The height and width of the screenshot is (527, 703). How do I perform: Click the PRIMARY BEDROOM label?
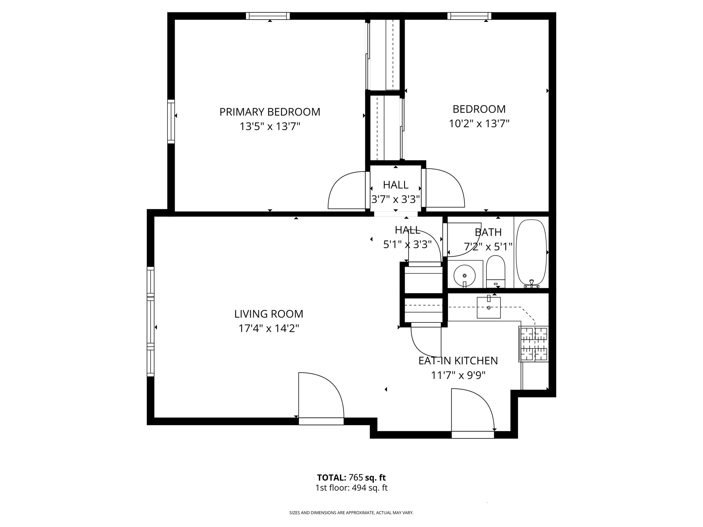click(x=270, y=112)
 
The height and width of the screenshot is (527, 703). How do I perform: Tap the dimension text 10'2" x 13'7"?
click(x=479, y=124)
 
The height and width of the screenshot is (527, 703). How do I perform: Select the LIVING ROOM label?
click(x=269, y=314)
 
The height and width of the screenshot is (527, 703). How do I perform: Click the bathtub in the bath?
click(x=531, y=253)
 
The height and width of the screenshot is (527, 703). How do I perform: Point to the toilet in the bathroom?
click(x=496, y=271)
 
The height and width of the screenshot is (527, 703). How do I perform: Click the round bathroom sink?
click(x=464, y=276)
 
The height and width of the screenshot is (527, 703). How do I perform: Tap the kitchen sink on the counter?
click(x=488, y=307)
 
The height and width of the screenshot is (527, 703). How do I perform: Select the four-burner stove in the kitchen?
click(x=533, y=344)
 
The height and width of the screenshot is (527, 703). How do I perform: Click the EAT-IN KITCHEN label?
click(x=458, y=361)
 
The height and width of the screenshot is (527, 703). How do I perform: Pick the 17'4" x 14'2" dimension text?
click(x=269, y=329)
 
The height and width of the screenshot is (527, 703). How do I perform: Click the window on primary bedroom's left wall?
click(x=171, y=121)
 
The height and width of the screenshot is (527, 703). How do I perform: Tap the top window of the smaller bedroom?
click(x=469, y=16)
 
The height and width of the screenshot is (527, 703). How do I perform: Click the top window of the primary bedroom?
click(x=268, y=16)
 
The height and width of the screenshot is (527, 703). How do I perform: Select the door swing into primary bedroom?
click(x=347, y=190)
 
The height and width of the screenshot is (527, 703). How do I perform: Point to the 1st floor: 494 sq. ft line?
click(x=351, y=488)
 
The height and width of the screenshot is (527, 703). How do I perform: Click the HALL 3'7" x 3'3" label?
click(x=395, y=192)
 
